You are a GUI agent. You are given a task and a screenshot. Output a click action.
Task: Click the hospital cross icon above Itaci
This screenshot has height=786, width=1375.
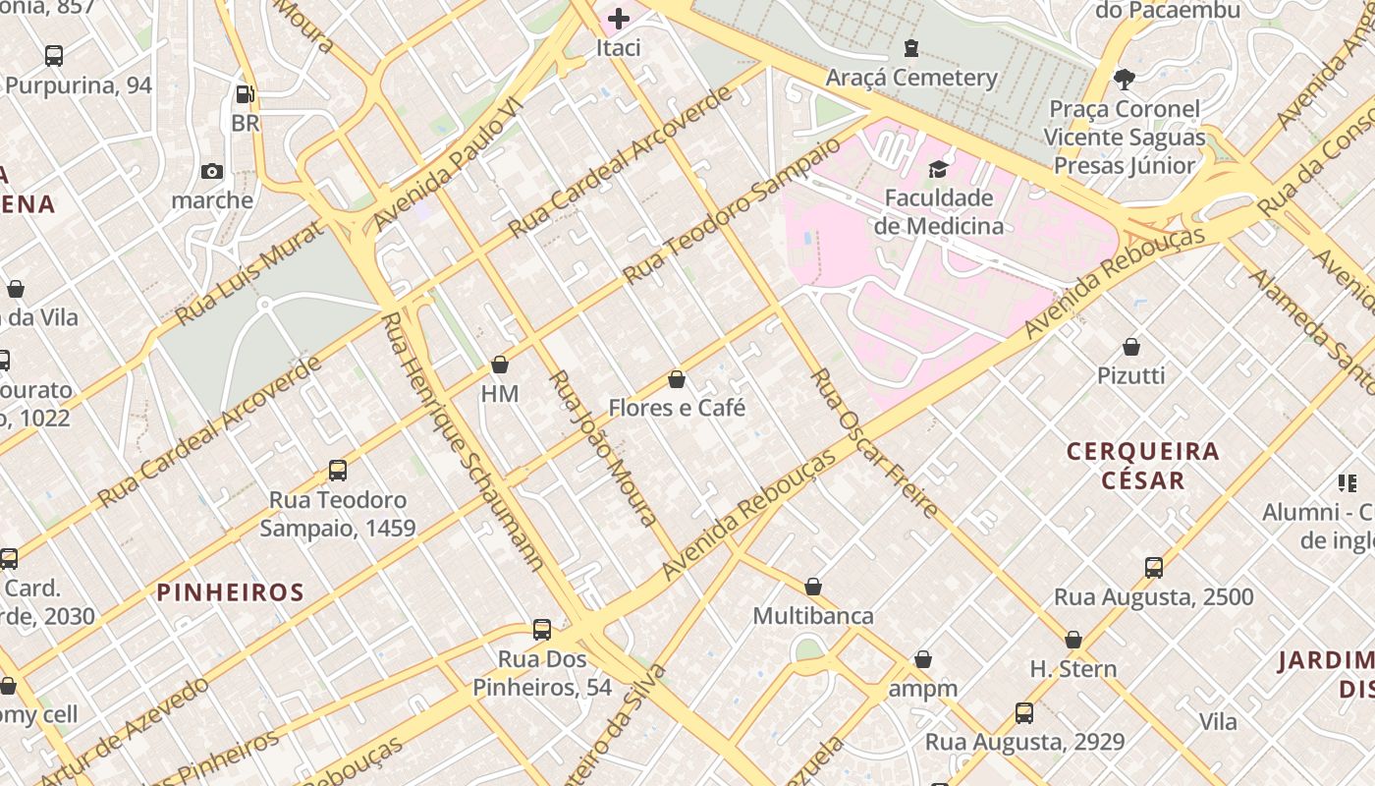pyautogui.click(x=619, y=19)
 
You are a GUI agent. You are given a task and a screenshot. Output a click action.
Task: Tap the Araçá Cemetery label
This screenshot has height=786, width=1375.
pyautogui.click(x=911, y=78)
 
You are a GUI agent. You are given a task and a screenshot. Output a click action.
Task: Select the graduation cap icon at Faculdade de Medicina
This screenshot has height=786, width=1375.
pyautogui.click(x=938, y=169)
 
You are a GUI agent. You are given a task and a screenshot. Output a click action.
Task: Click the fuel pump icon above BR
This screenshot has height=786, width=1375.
pyautogui.click(x=246, y=95)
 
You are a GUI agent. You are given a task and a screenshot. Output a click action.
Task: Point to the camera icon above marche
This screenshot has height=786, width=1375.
pyautogui.click(x=212, y=172)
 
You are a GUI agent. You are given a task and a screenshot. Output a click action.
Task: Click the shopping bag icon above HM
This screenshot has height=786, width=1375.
pyautogui.click(x=500, y=365)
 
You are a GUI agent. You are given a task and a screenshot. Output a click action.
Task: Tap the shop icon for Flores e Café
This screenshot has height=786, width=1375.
pyautogui.click(x=677, y=379)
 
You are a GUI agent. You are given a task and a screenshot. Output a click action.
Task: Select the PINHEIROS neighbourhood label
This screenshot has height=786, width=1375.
pyautogui.click(x=231, y=592)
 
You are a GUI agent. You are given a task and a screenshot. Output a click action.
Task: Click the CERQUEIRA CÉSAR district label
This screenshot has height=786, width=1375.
pyautogui.click(x=1142, y=466)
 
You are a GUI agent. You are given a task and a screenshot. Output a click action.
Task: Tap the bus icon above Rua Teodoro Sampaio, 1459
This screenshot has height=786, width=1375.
pyautogui.click(x=338, y=471)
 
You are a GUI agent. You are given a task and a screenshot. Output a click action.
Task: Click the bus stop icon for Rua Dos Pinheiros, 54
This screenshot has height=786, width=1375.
pyautogui.click(x=542, y=630)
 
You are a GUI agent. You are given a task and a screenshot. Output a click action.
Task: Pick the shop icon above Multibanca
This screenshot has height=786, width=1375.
pyautogui.click(x=813, y=588)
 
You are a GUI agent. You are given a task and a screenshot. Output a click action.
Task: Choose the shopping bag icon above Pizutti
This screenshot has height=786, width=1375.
pyautogui.click(x=1131, y=347)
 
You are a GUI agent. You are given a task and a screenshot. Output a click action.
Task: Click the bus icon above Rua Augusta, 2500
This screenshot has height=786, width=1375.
pyautogui.click(x=1154, y=568)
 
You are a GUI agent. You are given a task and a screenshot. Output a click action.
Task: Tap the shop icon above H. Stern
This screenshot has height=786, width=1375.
pyautogui.click(x=1073, y=641)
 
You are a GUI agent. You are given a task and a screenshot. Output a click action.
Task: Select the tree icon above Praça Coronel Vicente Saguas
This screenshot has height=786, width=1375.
pyautogui.click(x=1125, y=79)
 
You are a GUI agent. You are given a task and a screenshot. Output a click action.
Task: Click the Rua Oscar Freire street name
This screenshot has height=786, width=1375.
pyautogui.click(x=873, y=443)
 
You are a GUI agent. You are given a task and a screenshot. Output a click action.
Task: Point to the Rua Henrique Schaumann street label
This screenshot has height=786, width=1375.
pyautogui.click(x=461, y=441)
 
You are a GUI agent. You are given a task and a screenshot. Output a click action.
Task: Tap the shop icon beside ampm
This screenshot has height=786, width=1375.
pyautogui.click(x=923, y=659)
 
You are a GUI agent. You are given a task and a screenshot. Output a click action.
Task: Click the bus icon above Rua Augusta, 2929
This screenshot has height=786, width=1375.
pyautogui.click(x=1024, y=713)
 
